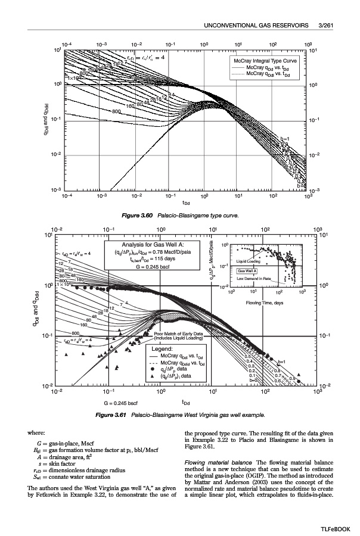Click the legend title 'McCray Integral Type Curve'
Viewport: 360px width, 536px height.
tap(267, 61)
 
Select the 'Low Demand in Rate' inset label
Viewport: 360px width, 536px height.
tap(254, 279)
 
